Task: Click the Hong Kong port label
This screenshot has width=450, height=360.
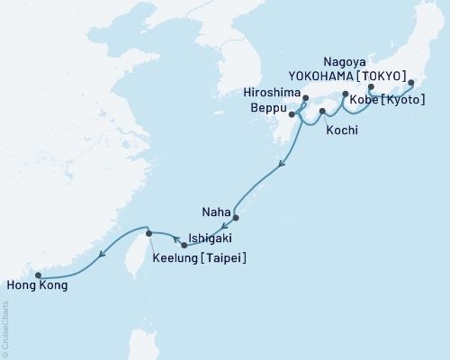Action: (36, 285)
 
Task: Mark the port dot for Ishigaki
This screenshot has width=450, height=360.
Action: (184, 245)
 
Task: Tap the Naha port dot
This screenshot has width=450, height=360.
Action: (236, 218)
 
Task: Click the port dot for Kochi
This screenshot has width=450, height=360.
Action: (322, 111)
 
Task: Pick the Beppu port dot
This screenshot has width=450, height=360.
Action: (292, 113)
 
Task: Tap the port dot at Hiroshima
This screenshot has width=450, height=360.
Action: (306, 98)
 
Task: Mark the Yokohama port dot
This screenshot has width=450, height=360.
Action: (411, 84)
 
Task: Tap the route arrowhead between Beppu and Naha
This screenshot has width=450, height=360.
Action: (283, 163)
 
